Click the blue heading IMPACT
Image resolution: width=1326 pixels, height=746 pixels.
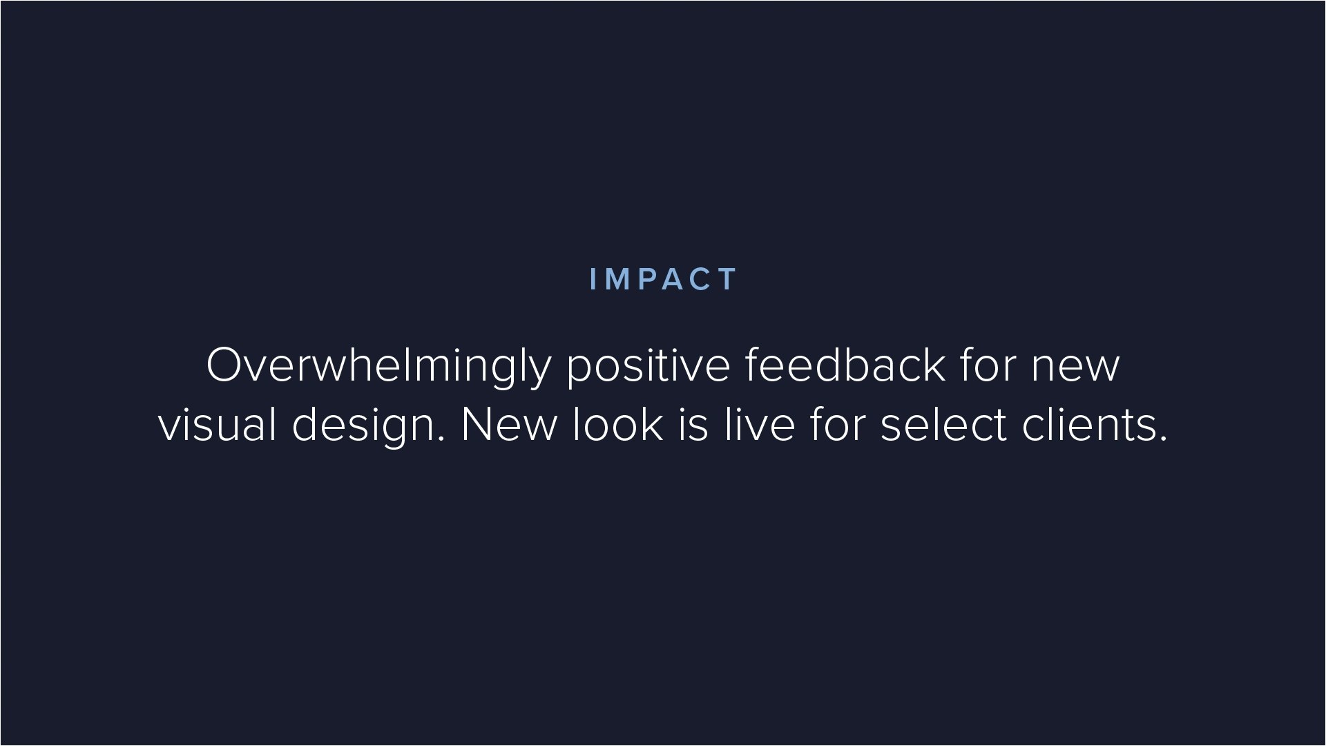pyautogui.click(x=664, y=279)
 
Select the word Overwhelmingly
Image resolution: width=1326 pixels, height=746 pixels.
pyautogui.click(x=378, y=367)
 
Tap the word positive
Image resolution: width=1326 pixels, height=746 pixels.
pyautogui.click(x=648, y=367)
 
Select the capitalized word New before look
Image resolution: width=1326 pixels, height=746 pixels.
pyautogui.click(x=508, y=424)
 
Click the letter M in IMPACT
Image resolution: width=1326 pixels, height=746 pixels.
pyautogui.click(x=619, y=279)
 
